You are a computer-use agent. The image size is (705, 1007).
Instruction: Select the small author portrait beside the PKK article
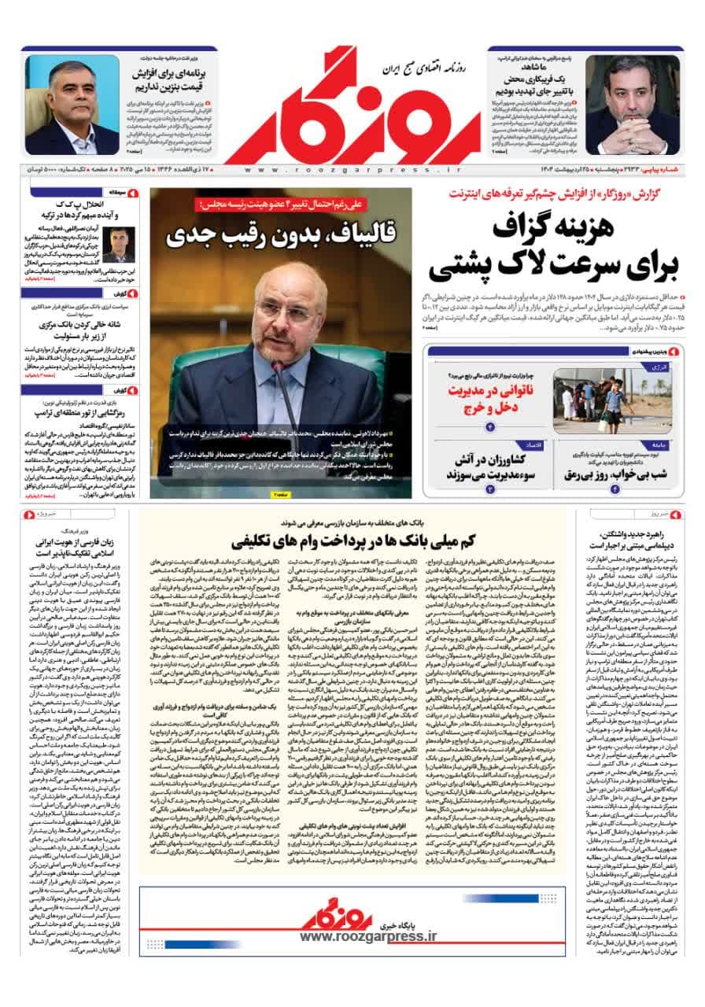[119, 245]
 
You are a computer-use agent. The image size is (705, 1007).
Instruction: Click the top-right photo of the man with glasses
[632, 105]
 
